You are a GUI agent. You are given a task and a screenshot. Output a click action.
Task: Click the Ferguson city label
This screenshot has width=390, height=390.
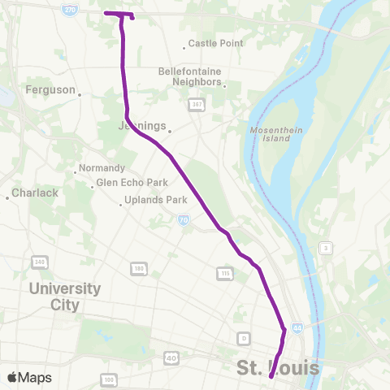pyautogui.click(x=50, y=89)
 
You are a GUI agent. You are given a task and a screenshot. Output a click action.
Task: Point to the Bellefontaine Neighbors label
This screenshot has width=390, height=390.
pyautogui.click(x=190, y=77)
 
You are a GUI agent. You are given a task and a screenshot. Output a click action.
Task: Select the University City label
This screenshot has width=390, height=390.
pyautogui.click(x=64, y=297)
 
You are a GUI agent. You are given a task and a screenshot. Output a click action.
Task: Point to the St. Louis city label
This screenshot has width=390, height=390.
pyautogui.click(x=278, y=369)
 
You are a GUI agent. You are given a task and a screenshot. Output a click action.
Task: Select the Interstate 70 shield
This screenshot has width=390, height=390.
pyautogui.click(x=184, y=219)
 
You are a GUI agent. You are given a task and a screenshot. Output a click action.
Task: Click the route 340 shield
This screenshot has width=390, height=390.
pyautogui.click(x=39, y=262)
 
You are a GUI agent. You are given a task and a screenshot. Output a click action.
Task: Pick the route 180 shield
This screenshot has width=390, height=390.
pyautogui.click(x=139, y=267)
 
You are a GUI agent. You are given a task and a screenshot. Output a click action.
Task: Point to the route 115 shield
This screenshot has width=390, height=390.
pyautogui.click(x=225, y=274)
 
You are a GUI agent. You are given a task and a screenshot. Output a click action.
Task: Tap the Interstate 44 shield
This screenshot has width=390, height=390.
pyautogui.click(x=298, y=328)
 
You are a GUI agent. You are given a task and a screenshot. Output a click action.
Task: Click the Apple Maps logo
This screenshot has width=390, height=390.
pyautogui.click(x=30, y=378)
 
